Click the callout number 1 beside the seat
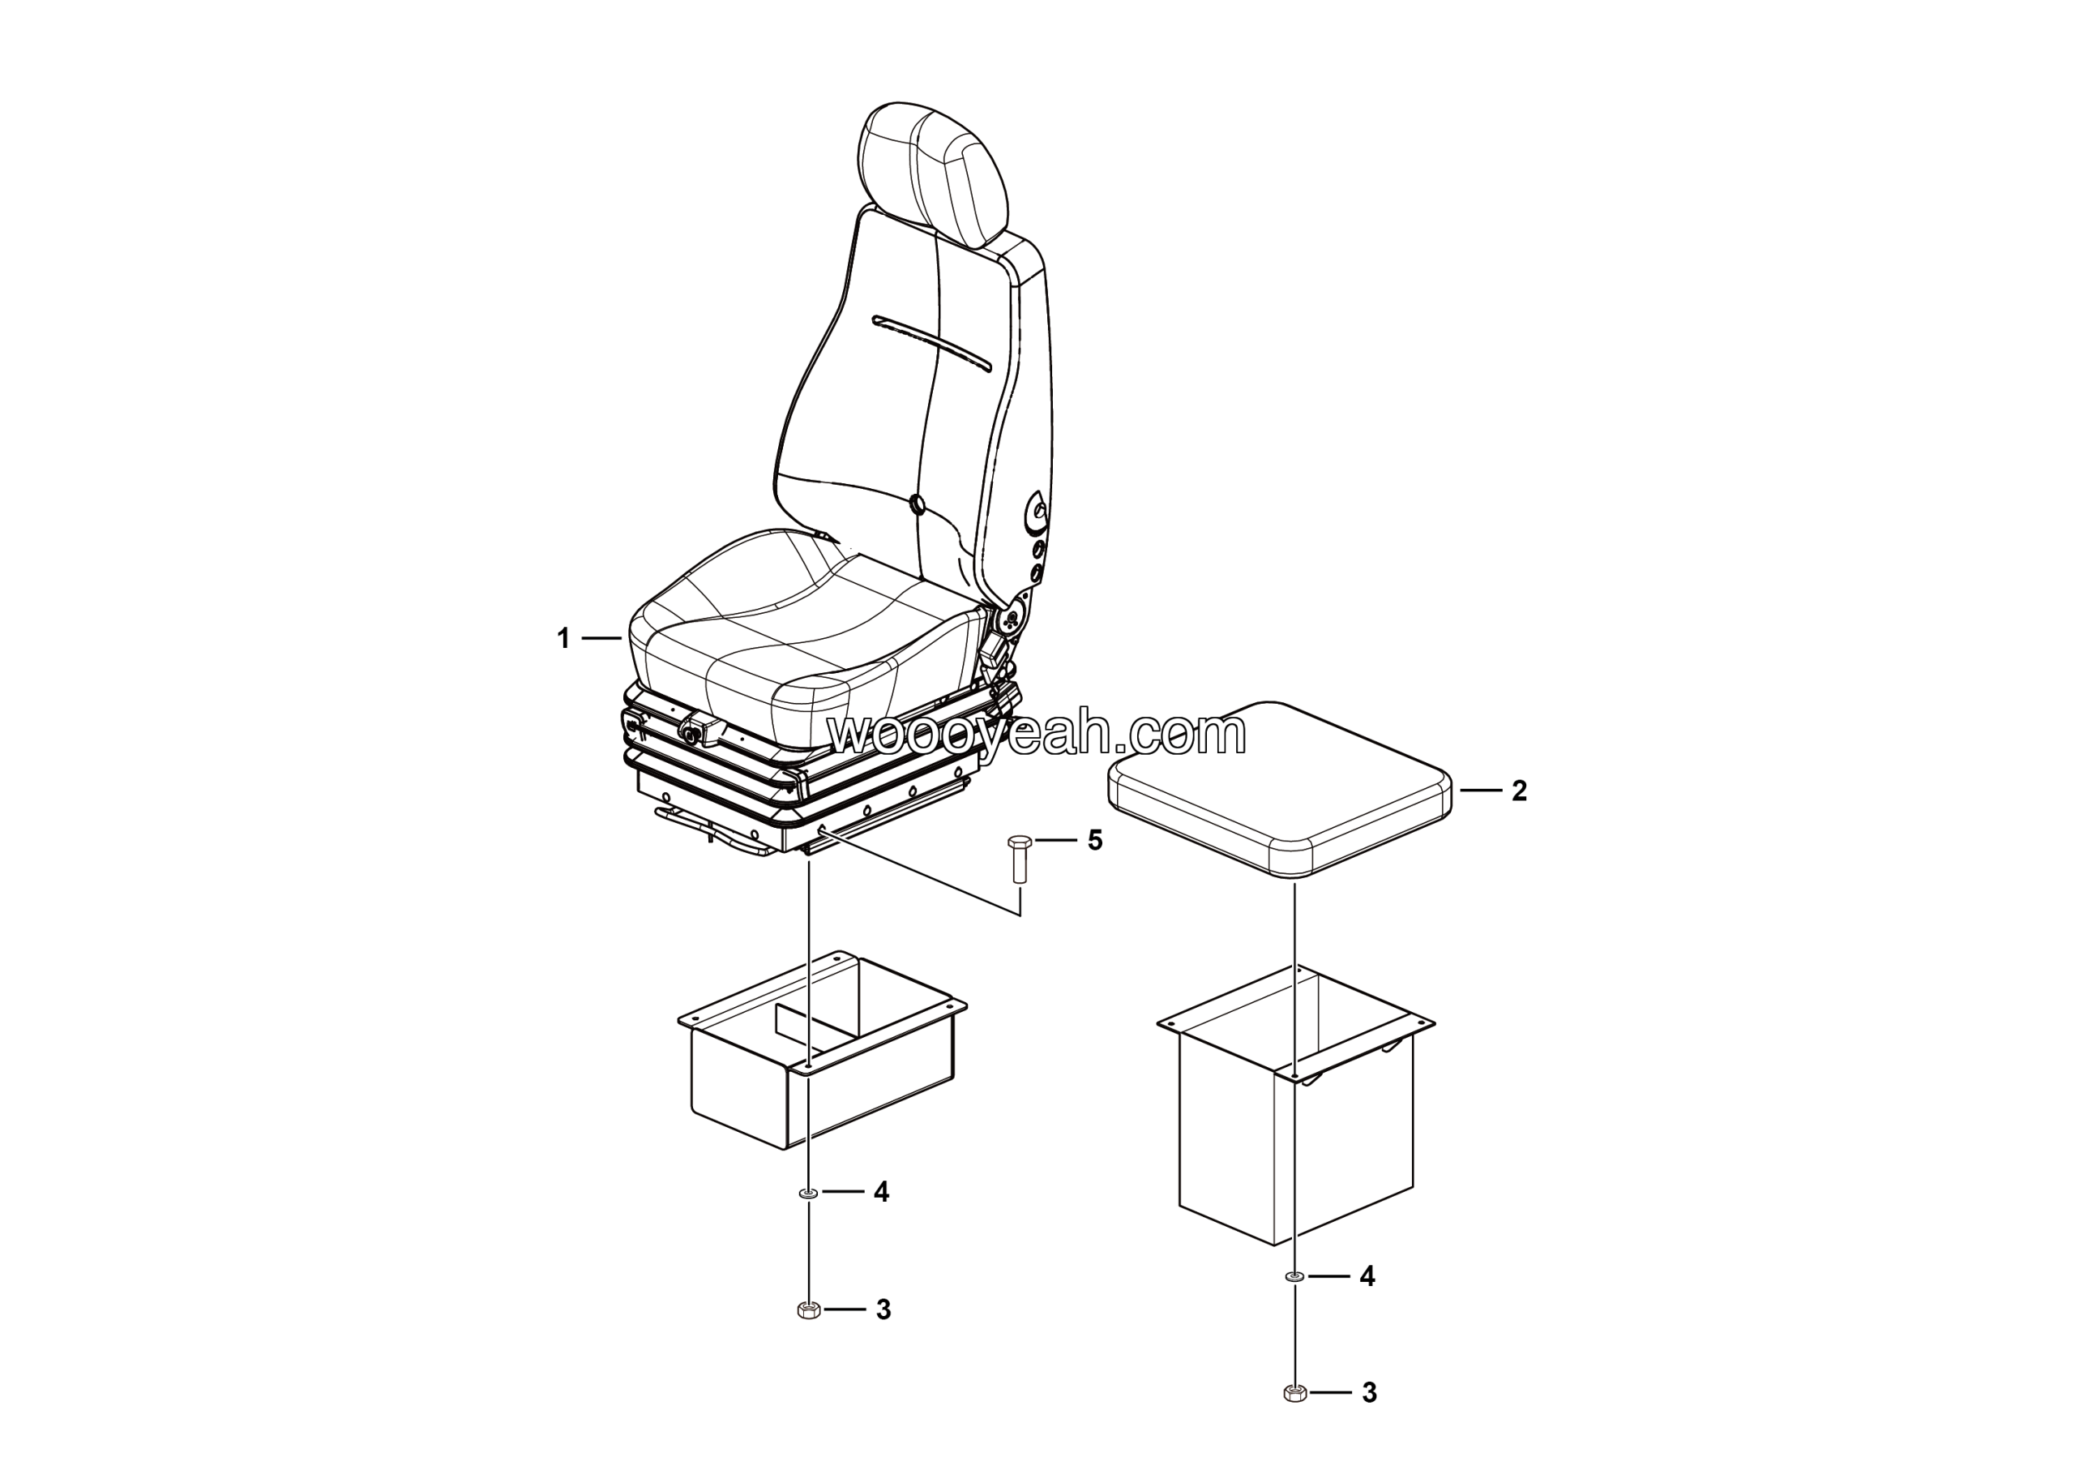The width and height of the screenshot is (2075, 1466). tap(563, 639)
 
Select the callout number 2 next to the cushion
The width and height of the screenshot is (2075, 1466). tap(1518, 791)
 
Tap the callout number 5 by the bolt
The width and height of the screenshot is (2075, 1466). tap(1094, 841)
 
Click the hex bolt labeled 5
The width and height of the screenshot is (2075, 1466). tap(1015, 859)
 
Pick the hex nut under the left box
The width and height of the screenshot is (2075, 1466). tap(809, 1310)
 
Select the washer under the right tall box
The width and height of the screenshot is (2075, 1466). tap(1295, 1277)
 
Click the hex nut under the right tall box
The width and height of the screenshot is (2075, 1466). tap(1295, 1393)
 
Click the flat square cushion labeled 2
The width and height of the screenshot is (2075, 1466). tap(1280, 787)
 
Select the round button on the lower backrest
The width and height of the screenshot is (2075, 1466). tap(918, 504)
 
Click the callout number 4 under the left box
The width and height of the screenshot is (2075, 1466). tap(881, 1193)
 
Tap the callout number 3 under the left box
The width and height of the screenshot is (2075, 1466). tap(883, 1310)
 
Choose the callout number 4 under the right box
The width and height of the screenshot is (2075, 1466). tap(1367, 1276)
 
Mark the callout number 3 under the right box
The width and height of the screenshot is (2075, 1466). tap(1369, 1393)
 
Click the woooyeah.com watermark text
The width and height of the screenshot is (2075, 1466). tap(1037, 735)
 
